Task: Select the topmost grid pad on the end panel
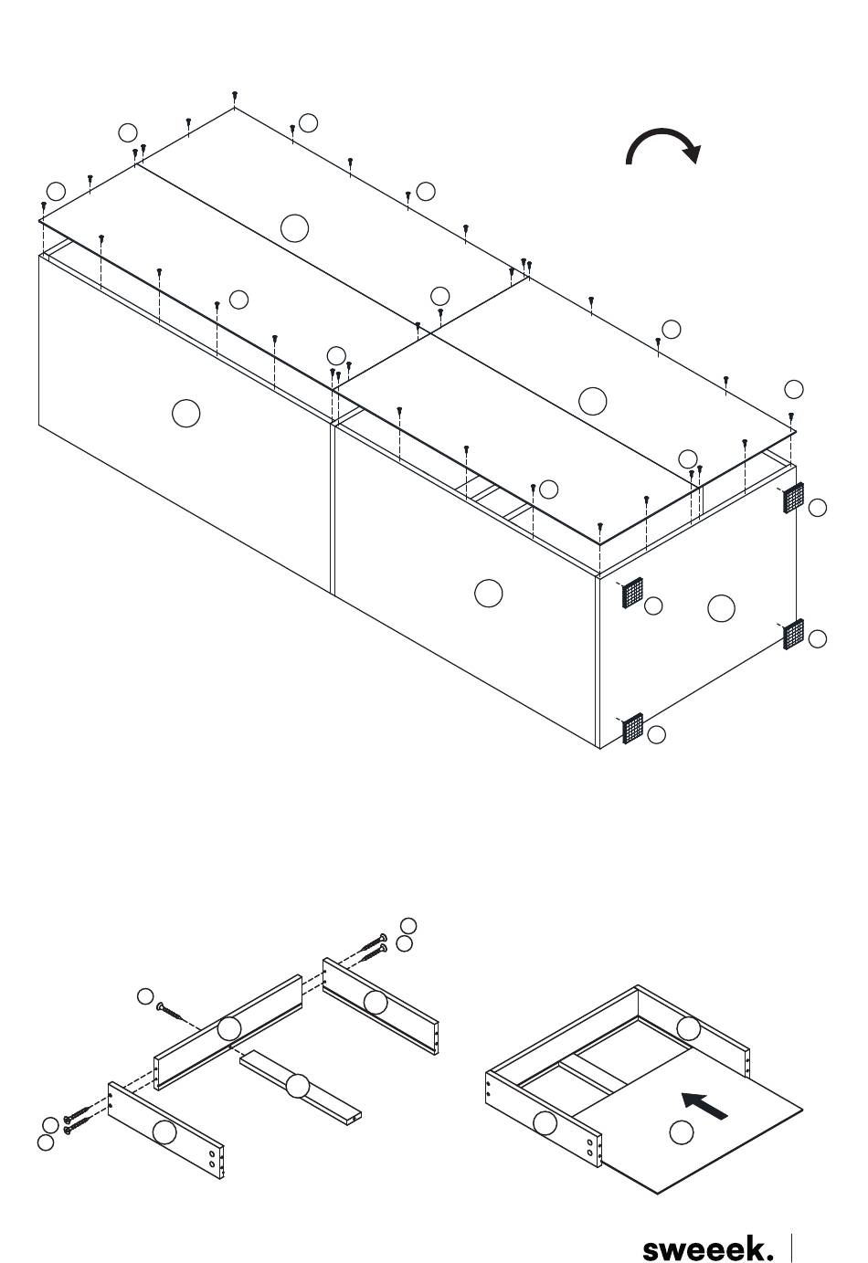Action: (x=793, y=498)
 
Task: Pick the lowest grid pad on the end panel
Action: (x=633, y=728)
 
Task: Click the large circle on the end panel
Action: (x=721, y=608)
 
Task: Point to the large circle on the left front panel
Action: (x=185, y=414)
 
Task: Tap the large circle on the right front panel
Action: (x=489, y=594)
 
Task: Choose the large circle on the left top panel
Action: (x=294, y=228)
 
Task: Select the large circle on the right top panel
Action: (x=592, y=402)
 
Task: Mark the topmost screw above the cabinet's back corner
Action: (x=235, y=96)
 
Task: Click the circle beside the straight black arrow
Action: (x=682, y=1131)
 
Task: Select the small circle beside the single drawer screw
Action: (x=145, y=996)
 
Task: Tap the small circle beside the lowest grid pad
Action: (x=657, y=734)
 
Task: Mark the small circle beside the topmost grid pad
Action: (x=817, y=508)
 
